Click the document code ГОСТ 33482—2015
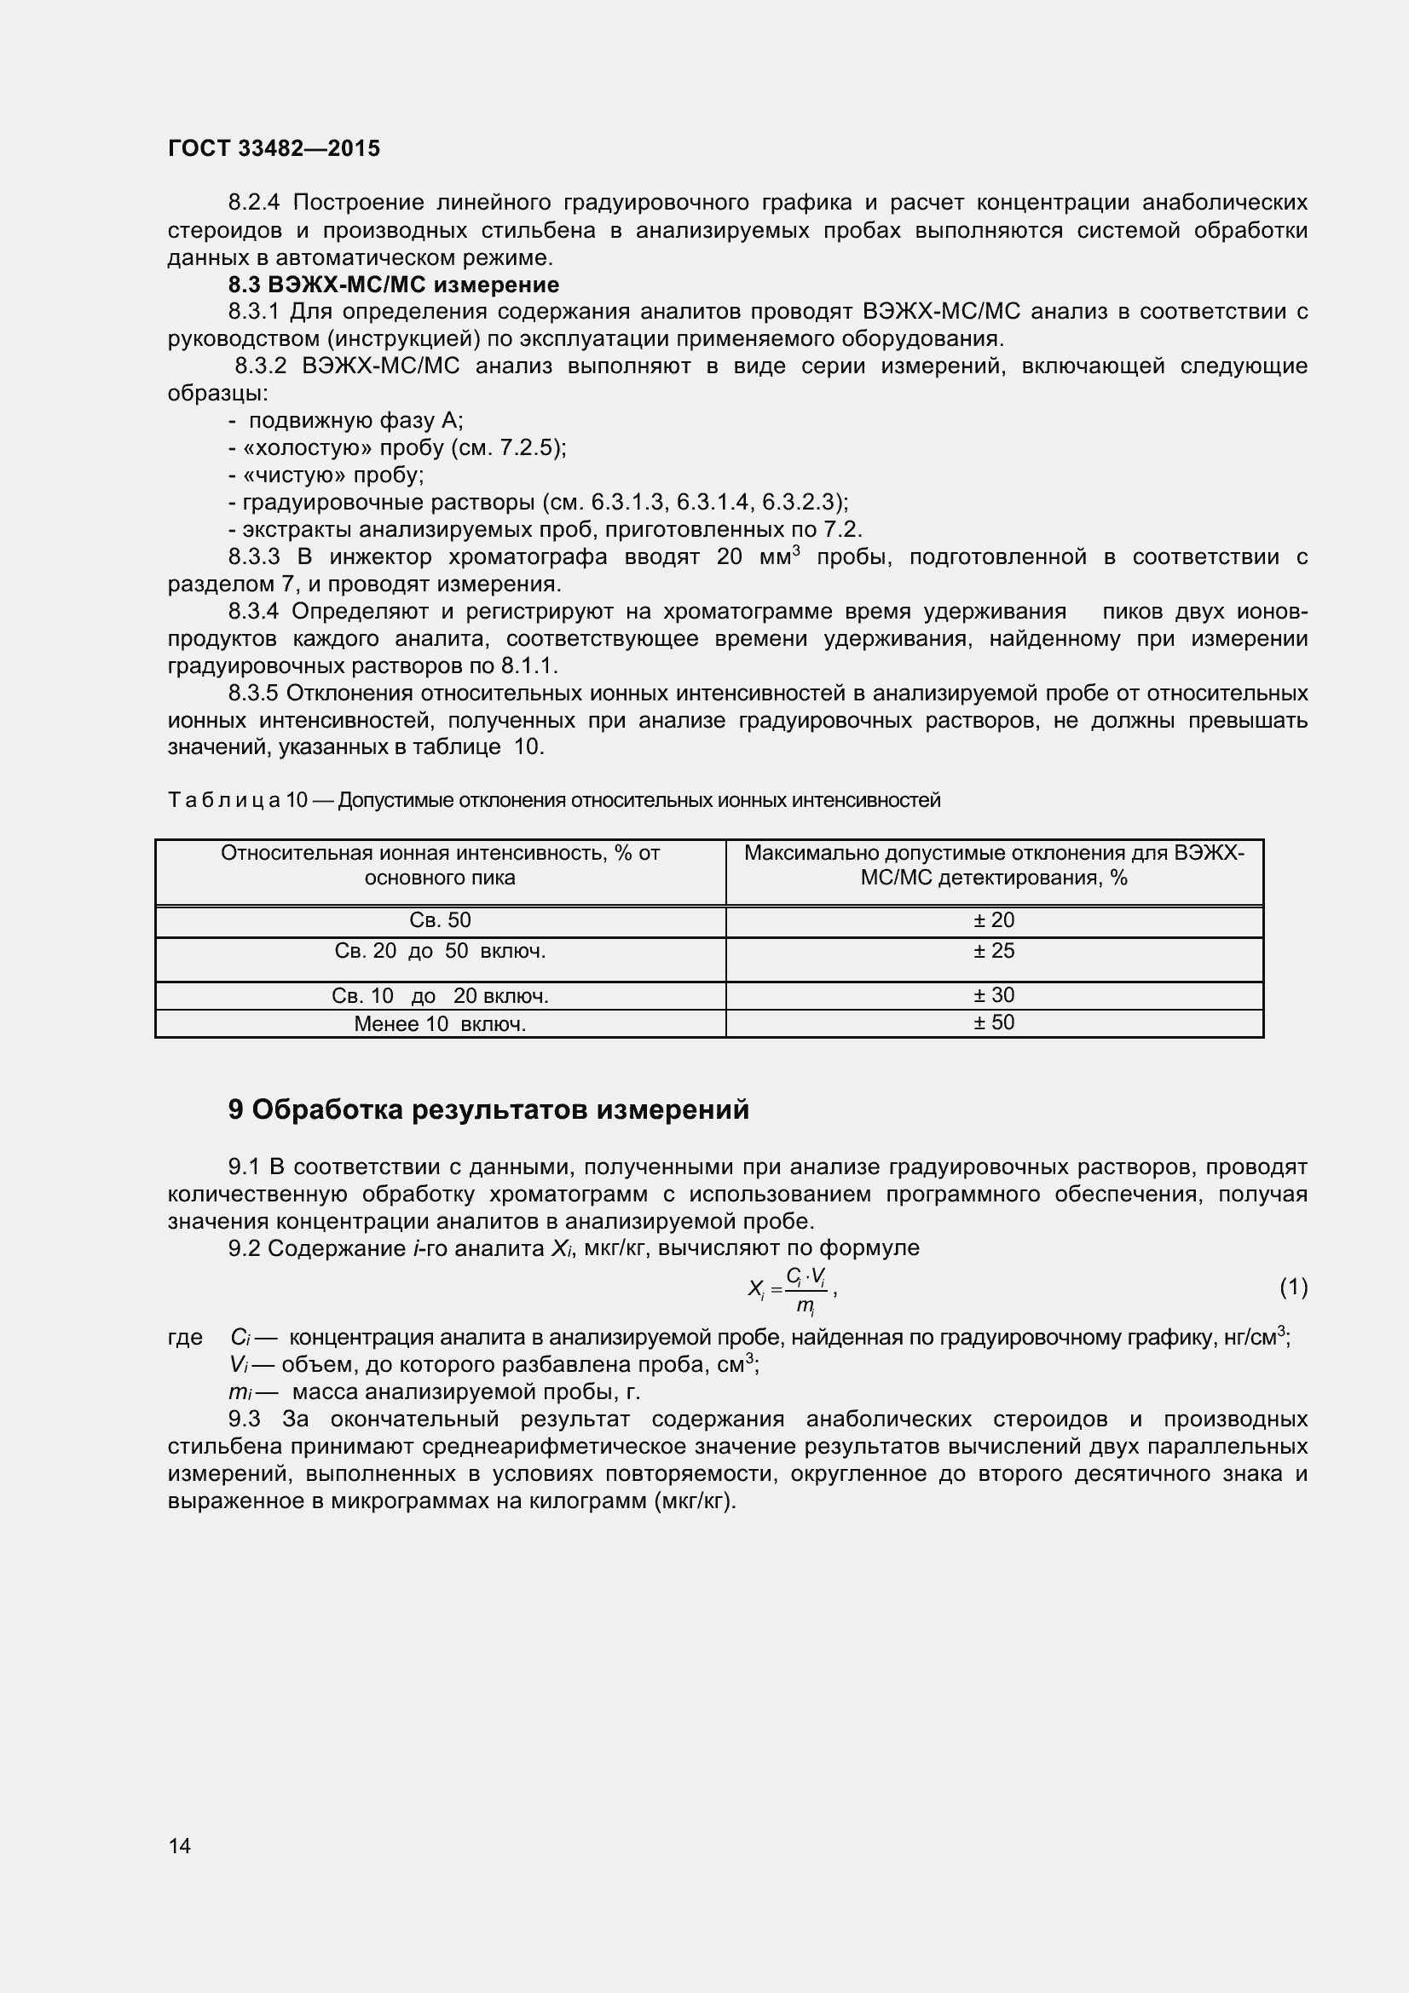click(x=274, y=148)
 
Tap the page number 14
click(x=180, y=1846)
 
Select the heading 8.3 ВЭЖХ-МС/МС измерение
click(x=393, y=285)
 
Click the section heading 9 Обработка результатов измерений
click(x=488, y=1109)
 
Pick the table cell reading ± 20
click(x=993, y=920)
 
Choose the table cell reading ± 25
click(x=993, y=952)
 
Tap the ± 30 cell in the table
click(x=993, y=994)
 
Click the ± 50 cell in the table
click(x=993, y=1022)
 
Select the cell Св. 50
click(x=439, y=920)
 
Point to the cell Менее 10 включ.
click(x=439, y=1024)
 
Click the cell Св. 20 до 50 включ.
click(x=439, y=952)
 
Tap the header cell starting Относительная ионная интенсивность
click(x=439, y=866)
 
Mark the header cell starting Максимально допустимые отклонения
click(x=993, y=866)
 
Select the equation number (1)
click(x=1293, y=1287)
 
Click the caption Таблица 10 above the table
click(x=553, y=800)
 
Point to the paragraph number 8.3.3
click(x=253, y=557)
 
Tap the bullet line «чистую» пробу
click(x=326, y=475)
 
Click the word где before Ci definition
click(x=185, y=1338)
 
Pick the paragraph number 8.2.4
click(x=253, y=203)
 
